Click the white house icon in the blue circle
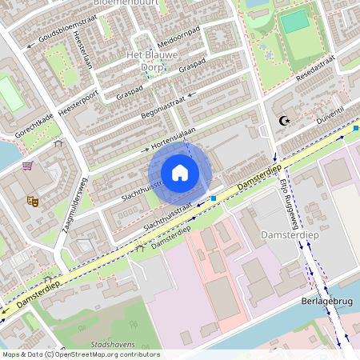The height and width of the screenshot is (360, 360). click(x=180, y=173)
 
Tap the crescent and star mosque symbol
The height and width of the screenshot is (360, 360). click(x=282, y=121)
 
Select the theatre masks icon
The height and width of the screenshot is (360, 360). click(x=33, y=200)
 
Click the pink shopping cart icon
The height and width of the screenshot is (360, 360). click(x=28, y=166)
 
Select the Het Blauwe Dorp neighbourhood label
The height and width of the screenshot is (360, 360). click(x=152, y=61)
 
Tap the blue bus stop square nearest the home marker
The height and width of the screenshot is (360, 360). click(x=214, y=198)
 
